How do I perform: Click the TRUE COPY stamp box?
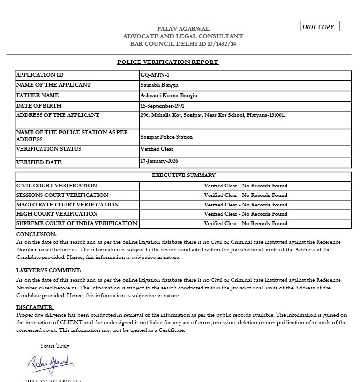coord(320,27)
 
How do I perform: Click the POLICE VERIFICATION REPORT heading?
coord(168,62)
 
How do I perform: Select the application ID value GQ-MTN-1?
coord(152,75)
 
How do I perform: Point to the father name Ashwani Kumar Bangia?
coord(169,96)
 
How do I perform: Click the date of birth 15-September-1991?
coord(162,106)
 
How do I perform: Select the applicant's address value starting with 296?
coord(212,115)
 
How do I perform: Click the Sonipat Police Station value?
coord(167,137)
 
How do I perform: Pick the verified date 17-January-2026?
coord(159,161)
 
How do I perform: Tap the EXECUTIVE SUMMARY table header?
coord(183,175)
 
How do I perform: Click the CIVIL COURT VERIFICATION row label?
coord(57,186)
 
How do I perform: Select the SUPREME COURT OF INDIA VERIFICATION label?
coord(77,223)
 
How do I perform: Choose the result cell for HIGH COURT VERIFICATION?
coord(245,214)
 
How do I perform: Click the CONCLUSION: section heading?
coord(36,234)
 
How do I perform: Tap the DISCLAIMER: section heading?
coord(35,307)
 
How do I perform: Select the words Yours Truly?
coord(54,346)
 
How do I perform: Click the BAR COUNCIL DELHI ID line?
coord(183,43)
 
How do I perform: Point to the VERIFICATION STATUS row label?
coord(49,149)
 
